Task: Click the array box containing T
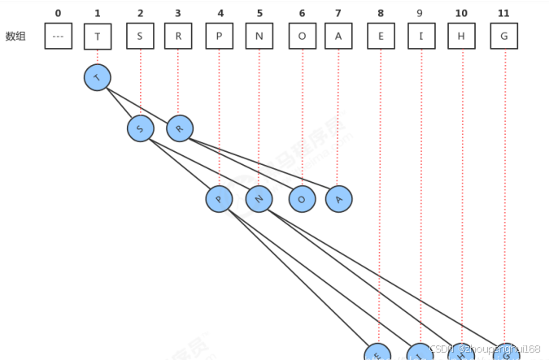[x=98, y=37]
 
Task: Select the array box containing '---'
[x=58, y=37]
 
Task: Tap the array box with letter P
[x=219, y=37]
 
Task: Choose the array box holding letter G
[x=504, y=37]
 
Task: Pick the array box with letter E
[x=380, y=37]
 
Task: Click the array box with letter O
[x=302, y=37]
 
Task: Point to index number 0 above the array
[x=58, y=13]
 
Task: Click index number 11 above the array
[x=504, y=13]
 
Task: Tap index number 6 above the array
[x=302, y=13]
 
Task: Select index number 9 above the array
[x=420, y=13]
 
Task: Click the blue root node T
[x=97, y=78]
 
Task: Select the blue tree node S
[x=140, y=128]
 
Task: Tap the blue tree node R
[x=180, y=128]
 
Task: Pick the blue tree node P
[x=219, y=198]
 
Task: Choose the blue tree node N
[x=259, y=198]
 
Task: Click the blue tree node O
[x=302, y=199]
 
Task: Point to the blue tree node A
[x=338, y=199]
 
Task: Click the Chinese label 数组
[x=15, y=37]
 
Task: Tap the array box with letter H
[x=462, y=37]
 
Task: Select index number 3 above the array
[x=178, y=13]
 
